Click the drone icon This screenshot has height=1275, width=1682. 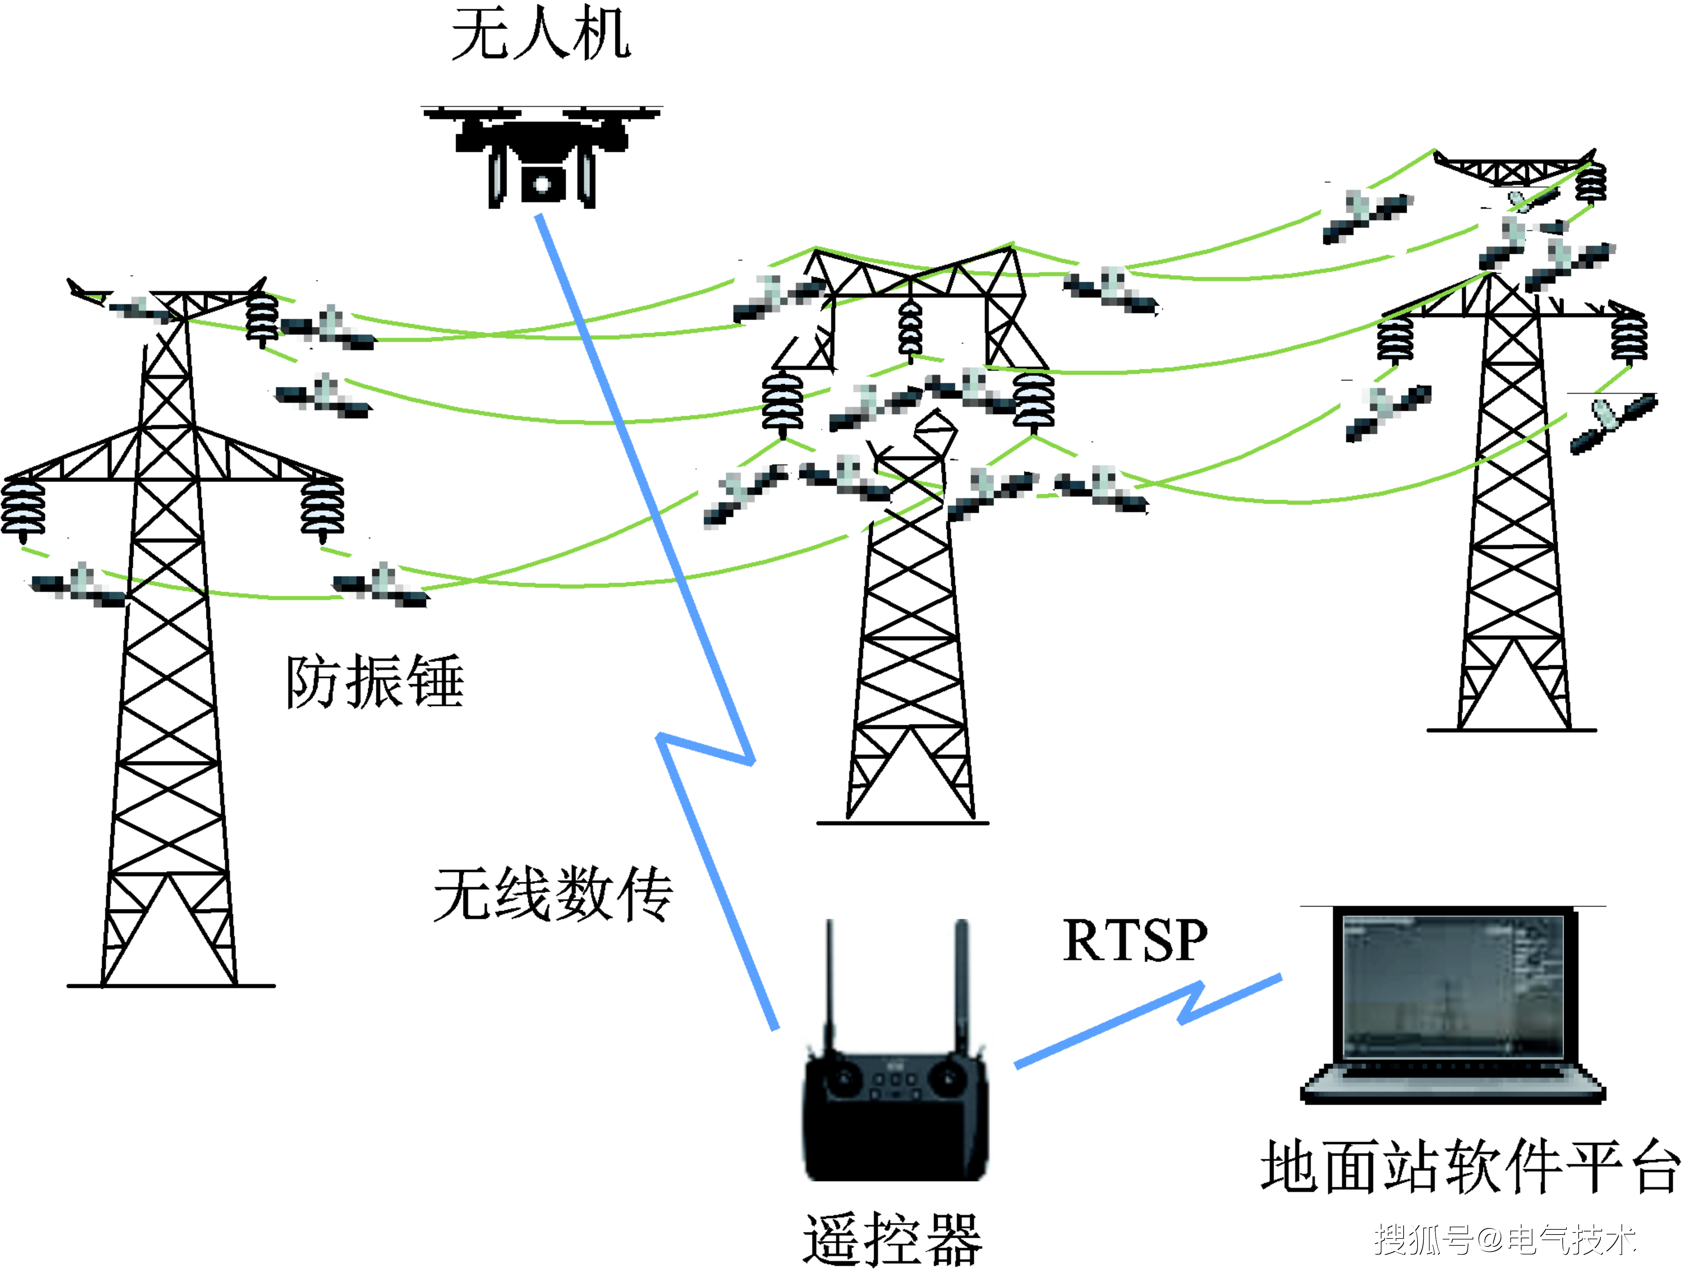[542, 160]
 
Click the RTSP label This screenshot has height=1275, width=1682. [1134, 941]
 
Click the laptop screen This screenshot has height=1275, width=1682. [1452, 989]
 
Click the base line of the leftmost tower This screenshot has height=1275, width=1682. [171, 986]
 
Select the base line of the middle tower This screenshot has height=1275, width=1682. [903, 822]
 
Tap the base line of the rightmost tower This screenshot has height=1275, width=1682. [1511, 730]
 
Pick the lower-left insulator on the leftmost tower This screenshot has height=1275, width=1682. [23, 508]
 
